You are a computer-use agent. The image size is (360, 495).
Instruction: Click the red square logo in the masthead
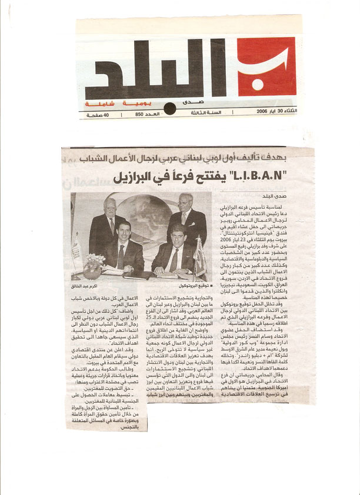tap(267, 66)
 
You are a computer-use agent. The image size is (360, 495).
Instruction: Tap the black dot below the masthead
tap(169, 108)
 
